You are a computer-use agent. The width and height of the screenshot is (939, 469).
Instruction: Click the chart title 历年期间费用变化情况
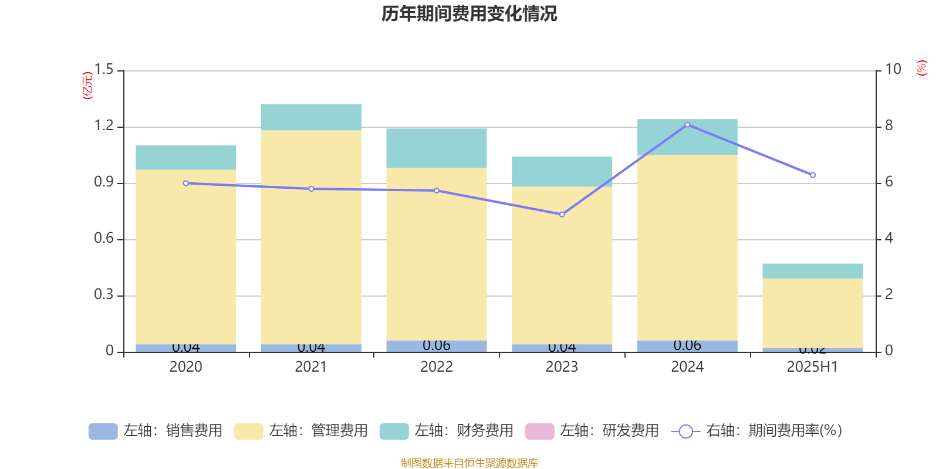[469, 13]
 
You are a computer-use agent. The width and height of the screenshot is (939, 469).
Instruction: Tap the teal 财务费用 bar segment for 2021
[311, 117]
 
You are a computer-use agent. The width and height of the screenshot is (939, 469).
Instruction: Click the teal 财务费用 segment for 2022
[437, 148]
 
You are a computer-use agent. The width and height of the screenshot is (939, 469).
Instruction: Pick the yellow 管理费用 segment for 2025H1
[813, 314]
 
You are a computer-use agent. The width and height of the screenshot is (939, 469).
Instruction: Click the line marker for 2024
[687, 125]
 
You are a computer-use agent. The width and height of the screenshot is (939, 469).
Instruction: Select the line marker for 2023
[562, 215]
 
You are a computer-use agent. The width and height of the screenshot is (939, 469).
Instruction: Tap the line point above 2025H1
[813, 175]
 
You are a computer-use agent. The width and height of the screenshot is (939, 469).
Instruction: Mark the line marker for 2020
[186, 183]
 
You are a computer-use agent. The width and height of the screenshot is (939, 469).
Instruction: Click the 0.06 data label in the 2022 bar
[437, 345]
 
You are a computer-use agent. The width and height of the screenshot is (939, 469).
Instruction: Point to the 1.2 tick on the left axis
[104, 126]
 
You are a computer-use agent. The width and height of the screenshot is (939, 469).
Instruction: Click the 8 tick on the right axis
[889, 125]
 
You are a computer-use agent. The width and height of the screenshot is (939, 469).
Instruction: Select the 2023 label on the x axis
[562, 367]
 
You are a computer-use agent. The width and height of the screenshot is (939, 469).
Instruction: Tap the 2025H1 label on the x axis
[812, 367]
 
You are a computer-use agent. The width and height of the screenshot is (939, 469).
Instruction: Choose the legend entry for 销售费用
[156, 431]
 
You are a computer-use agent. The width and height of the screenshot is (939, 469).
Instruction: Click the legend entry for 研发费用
[592, 431]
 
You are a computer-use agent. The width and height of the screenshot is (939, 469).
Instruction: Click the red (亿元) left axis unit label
[87, 86]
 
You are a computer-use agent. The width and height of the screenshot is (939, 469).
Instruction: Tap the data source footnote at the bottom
[469, 463]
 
